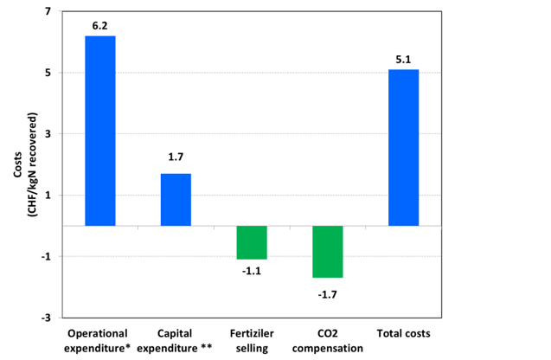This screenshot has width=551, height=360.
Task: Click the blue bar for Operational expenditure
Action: click(x=99, y=131)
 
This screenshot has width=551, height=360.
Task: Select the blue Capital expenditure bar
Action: click(x=176, y=199)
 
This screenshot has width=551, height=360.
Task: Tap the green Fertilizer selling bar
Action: click(x=252, y=242)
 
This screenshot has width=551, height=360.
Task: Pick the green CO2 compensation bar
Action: click(x=328, y=252)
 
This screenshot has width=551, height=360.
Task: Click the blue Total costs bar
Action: click(x=403, y=147)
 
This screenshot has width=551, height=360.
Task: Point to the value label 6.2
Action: click(x=99, y=26)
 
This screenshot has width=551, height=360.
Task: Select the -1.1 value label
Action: click(x=252, y=270)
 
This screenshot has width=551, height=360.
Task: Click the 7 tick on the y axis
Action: click(x=48, y=11)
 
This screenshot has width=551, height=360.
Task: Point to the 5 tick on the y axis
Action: click(x=48, y=73)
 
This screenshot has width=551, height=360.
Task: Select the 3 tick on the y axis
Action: click(x=48, y=134)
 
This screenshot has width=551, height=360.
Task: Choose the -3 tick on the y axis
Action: click(x=46, y=318)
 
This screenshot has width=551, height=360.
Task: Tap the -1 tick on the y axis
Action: click(x=46, y=256)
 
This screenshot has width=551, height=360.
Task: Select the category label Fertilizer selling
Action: click(x=252, y=340)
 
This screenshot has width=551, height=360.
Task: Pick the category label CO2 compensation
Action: click(x=328, y=340)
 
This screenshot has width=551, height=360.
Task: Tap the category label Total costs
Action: click(x=403, y=333)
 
